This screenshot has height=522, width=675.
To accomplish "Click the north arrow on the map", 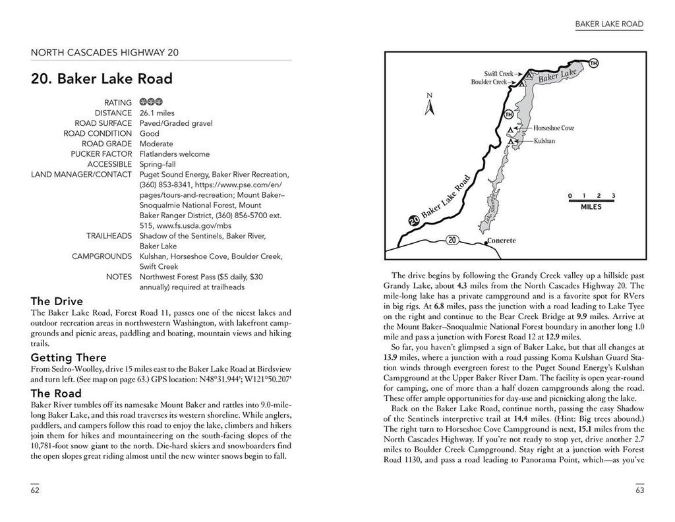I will pos(429,106).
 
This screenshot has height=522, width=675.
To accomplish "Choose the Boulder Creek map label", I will pos(489,82).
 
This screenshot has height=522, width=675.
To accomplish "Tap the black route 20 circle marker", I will pos(413,221).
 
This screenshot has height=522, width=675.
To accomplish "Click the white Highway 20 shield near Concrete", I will pos(452,239).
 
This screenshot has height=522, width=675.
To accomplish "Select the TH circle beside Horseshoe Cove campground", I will pos(508,115).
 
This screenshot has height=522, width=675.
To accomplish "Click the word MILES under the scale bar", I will pos(591,206).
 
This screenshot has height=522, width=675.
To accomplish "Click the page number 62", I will pos(35,490).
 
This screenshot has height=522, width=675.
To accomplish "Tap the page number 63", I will pos(639,490).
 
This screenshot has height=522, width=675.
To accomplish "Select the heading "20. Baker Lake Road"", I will pos(102,79).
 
